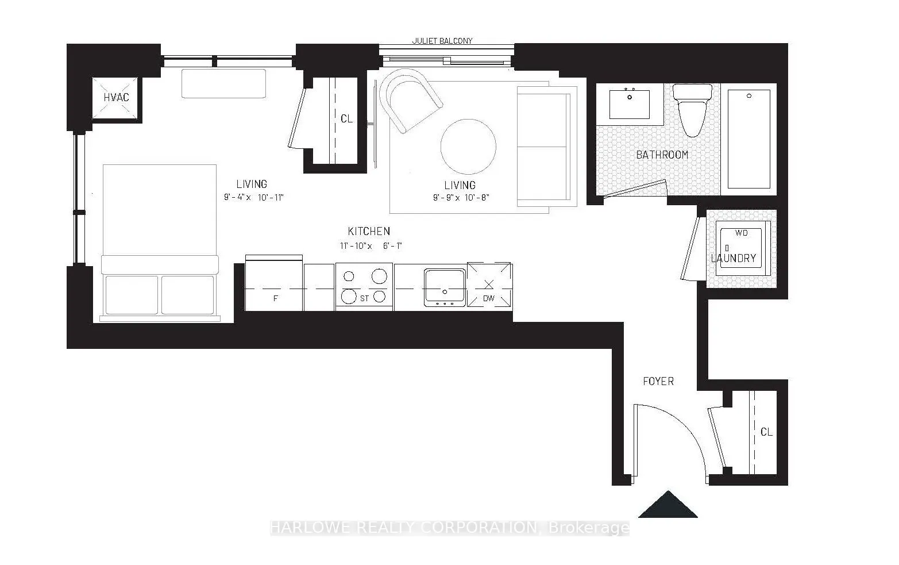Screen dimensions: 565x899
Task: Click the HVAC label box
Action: coord(116,97)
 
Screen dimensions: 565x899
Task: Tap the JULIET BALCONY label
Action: coord(442,41)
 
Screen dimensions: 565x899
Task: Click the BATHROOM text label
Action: coord(662,155)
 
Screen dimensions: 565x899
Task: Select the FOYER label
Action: coord(658,381)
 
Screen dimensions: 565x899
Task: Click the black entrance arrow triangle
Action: coord(668,505)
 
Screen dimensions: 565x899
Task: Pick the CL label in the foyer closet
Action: coord(766,432)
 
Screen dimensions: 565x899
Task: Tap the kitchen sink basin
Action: coord(445,285)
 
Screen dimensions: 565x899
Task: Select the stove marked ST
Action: coord(364,286)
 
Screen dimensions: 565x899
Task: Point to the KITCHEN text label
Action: coord(369,231)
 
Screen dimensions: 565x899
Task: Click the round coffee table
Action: coord(468,146)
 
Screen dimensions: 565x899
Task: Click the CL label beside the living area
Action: coord(346,119)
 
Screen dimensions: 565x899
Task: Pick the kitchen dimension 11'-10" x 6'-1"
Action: coord(371,246)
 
